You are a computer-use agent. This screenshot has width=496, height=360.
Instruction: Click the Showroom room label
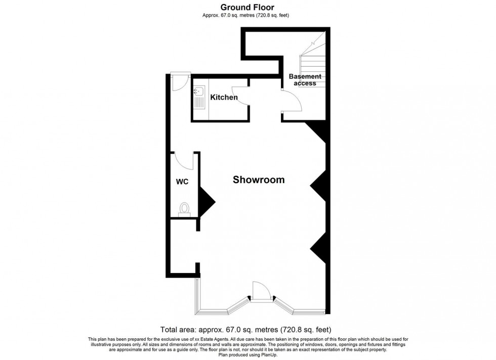(258, 179)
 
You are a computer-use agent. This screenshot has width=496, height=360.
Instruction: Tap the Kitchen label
(224, 97)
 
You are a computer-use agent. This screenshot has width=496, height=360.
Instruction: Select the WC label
(182, 182)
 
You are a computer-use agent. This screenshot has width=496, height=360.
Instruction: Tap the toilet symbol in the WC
(185, 209)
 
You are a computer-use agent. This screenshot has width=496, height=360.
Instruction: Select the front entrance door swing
(261, 291)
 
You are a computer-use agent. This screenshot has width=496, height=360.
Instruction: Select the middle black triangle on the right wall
(318, 187)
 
